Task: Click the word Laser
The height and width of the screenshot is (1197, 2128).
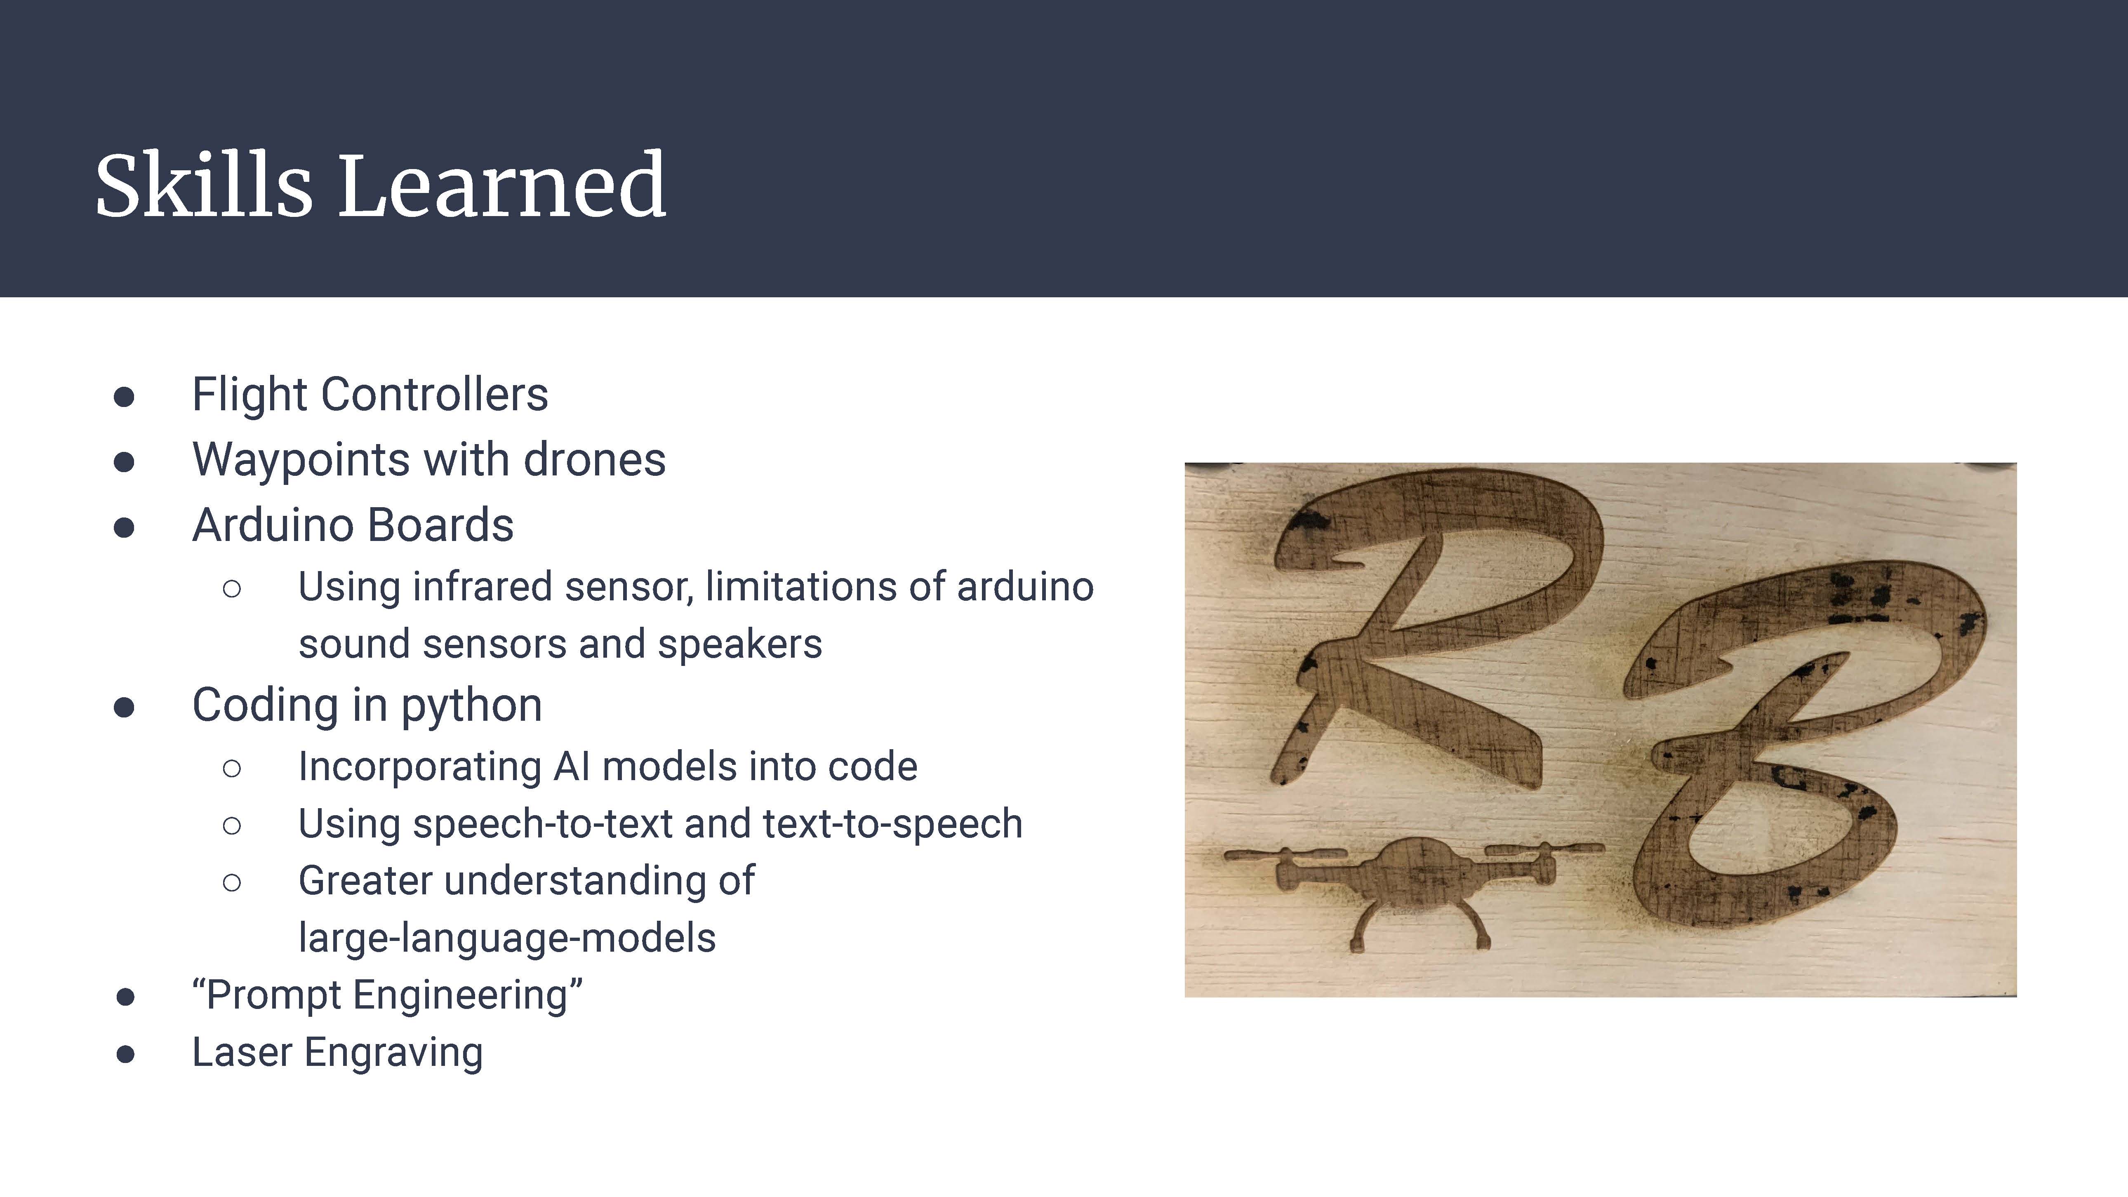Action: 242,1052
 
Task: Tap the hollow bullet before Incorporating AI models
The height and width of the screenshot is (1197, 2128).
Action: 232,768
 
